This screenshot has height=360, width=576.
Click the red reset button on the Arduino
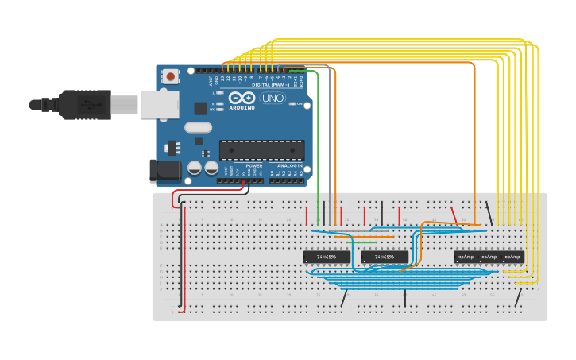170,76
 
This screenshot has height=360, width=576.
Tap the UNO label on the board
273,99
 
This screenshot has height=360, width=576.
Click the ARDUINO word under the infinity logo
242,107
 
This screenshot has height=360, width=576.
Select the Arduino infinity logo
242,98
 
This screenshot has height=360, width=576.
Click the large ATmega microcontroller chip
261,150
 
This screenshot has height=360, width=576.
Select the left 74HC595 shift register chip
326,257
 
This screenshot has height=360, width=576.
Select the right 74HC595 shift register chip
385,257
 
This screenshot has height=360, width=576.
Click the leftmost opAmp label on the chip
466,257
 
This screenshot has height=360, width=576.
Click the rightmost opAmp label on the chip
513,257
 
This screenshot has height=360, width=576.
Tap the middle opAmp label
489,257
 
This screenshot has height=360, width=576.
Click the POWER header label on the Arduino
254,165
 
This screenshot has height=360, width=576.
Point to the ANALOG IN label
290,165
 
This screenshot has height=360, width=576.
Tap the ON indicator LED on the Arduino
294,104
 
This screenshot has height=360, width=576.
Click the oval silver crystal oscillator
198,127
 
